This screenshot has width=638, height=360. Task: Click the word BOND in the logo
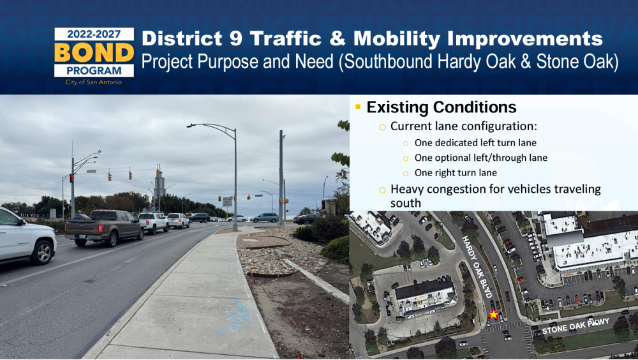94,52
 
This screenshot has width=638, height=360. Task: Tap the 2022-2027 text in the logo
94,34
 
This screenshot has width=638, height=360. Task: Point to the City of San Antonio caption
94,82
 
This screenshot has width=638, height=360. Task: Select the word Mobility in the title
397,40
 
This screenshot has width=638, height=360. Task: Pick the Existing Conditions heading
441,107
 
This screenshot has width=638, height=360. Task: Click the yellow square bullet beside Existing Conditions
358,107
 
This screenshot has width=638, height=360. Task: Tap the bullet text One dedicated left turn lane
475,143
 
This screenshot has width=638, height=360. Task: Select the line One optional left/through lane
481,158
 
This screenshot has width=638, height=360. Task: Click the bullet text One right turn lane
456,173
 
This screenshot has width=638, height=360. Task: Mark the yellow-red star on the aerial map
494,315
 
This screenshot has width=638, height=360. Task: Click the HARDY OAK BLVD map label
477,267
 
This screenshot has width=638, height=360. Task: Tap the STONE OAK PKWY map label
575,326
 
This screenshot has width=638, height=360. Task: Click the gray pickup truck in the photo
104,227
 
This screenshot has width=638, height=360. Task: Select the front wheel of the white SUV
43,253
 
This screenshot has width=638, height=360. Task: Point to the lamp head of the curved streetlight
189,126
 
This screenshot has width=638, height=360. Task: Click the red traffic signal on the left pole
71,178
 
